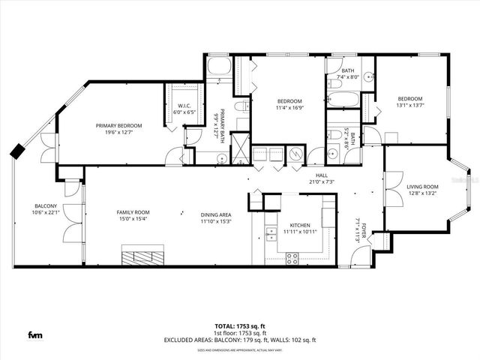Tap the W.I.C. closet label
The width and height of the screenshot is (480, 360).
coord(184,106)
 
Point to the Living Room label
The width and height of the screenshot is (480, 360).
coord(422,187)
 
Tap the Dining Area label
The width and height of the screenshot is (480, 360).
coord(215,214)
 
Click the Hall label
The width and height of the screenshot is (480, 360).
coord(320,175)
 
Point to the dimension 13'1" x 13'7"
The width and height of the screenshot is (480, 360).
coord(409,105)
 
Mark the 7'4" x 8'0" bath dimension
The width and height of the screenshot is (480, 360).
coord(349,76)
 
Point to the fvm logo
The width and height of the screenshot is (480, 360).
coord(35,334)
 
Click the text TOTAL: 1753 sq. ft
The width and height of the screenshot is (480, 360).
coord(240,326)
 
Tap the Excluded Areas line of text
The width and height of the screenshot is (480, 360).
coord(240,340)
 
